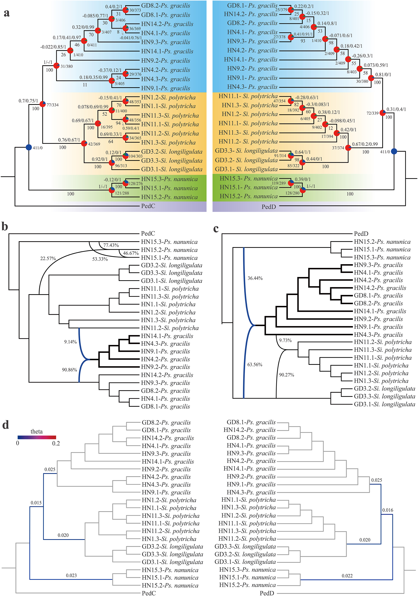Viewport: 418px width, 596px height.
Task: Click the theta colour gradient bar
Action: click(37, 437)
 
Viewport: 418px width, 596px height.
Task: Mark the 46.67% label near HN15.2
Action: click(131, 253)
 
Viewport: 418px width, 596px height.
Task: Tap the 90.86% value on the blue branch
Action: click(69, 370)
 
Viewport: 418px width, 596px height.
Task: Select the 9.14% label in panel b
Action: click(70, 342)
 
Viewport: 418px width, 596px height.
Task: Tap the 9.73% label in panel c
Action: click(285, 340)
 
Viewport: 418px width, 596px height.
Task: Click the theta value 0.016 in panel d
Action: click(388, 510)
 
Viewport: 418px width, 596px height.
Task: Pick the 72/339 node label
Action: click(372, 113)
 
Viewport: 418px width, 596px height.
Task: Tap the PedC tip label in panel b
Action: click(148, 233)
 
